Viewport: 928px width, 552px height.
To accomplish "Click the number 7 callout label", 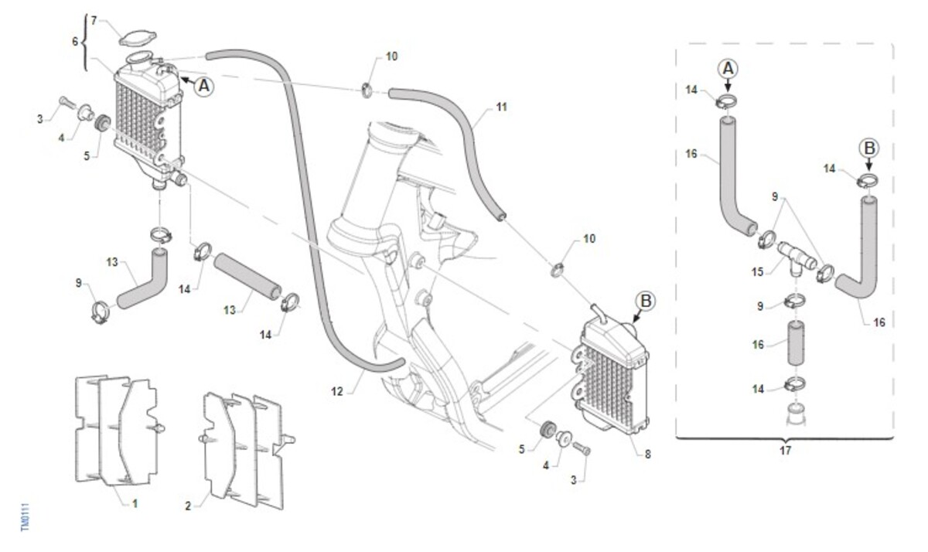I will click(94, 19).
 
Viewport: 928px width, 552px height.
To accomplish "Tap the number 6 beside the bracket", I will click(76, 42).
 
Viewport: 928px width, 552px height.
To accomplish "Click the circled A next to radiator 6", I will click(203, 86).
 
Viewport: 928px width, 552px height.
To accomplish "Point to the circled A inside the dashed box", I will click(728, 70).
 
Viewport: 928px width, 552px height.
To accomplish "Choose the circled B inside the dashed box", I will click(868, 148).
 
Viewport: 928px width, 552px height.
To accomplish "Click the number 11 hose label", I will click(502, 107).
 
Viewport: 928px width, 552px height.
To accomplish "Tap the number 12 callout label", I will click(336, 391).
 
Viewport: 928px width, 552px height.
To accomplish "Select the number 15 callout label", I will click(758, 271).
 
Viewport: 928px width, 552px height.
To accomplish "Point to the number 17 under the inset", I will click(786, 450).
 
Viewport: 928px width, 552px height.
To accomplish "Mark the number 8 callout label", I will click(647, 455).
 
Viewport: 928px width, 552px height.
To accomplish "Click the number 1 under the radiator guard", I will click(135, 503).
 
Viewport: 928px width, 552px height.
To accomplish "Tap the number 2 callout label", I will click(188, 506).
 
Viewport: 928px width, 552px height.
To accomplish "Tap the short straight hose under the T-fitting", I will click(797, 345).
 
